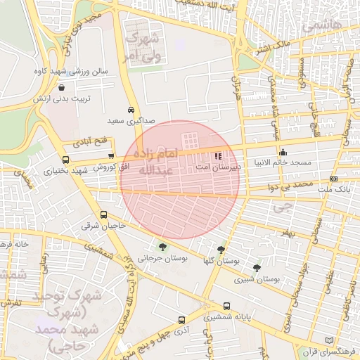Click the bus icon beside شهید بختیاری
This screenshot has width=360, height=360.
[x=66, y=160]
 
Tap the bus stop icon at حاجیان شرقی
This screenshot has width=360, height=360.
[x=104, y=215]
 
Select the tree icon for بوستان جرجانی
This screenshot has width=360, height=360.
[x=163, y=247]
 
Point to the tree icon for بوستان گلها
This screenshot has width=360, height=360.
[x=221, y=250]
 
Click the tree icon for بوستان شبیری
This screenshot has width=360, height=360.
[x=257, y=268]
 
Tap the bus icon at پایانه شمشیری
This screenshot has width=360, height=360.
[x=226, y=307]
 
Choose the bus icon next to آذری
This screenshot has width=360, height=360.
[x=182, y=320]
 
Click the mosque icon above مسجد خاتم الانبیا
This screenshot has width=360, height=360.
[x=283, y=152]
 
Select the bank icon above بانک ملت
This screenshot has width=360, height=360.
[x=333, y=179]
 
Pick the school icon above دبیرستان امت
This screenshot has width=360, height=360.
[x=217, y=155]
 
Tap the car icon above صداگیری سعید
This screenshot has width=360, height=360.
[x=131, y=110]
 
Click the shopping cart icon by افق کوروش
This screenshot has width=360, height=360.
[x=111, y=156]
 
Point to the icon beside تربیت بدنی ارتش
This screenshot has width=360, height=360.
[x=63, y=88]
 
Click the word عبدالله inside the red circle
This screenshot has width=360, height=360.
[x=151, y=171]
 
